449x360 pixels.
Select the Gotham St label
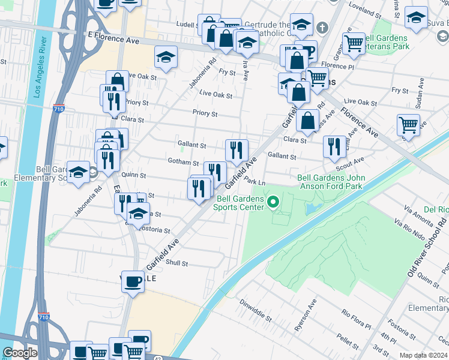pos(184,163)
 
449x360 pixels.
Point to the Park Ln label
pos(255,182)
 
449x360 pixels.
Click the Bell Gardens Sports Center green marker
pos(274,202)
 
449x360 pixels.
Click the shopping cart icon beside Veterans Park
pos(354,42)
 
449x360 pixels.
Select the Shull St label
pos(176,263)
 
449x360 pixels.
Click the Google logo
pos(20,353)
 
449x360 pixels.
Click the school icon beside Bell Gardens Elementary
pos(78,173)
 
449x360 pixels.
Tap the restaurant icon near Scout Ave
pos(334,146)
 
